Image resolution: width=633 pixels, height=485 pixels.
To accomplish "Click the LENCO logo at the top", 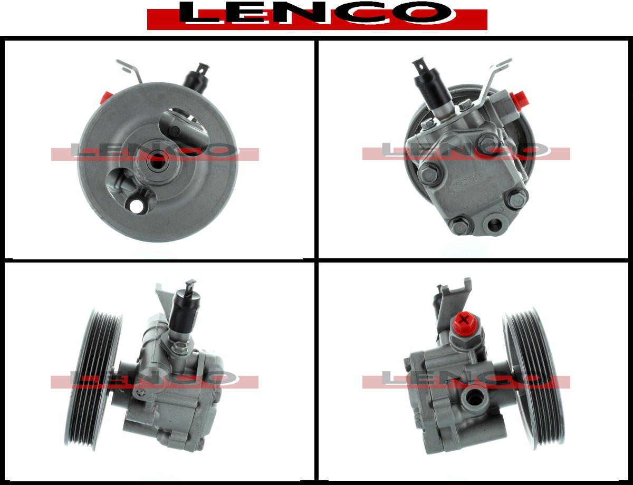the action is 317,15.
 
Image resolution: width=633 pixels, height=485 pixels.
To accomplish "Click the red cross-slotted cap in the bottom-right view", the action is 466,323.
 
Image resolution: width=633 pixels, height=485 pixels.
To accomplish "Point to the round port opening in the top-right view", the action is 494,224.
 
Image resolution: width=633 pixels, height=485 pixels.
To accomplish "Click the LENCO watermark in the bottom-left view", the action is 155,379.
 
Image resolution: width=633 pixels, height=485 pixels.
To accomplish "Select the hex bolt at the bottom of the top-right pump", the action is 461,226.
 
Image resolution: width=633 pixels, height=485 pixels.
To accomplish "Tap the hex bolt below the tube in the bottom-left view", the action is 177,347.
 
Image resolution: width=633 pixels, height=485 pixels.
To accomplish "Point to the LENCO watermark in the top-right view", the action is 466,151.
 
